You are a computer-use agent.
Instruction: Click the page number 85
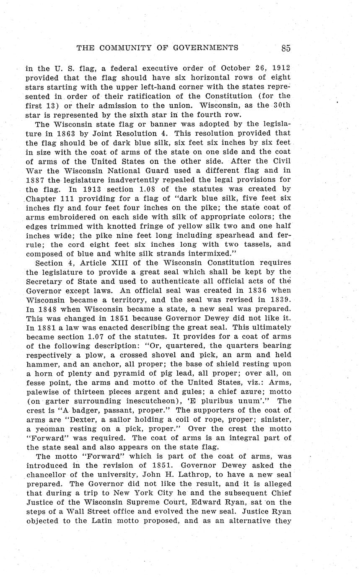pos(286,48)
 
